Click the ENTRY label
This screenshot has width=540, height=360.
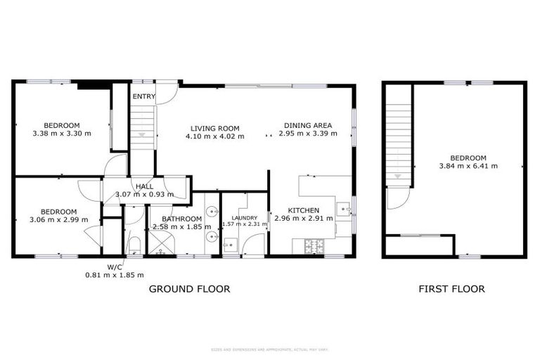tap(143, 96)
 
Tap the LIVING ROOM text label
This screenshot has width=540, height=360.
tap(214, 129)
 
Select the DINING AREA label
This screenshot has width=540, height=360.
tap(305, 126)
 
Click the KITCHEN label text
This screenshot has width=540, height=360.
tap(303, 210)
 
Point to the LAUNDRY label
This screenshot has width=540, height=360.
tap(245, 217)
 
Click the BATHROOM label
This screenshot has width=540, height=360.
tap(172, 218)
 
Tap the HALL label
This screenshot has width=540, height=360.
tap(144, 186)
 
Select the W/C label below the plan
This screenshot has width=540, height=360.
tap(115, 266)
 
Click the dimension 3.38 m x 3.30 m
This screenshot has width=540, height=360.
tap(61, 133)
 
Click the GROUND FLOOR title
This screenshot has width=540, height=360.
tap(189, 289)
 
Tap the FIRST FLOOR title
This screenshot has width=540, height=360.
tap(451, 289)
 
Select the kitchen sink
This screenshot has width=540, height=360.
tap(344, 209)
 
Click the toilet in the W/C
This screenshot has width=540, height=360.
tap(134, 246)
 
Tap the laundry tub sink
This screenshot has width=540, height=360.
tap(230, 246)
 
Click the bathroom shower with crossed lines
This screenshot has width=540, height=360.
tap(162, 244)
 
